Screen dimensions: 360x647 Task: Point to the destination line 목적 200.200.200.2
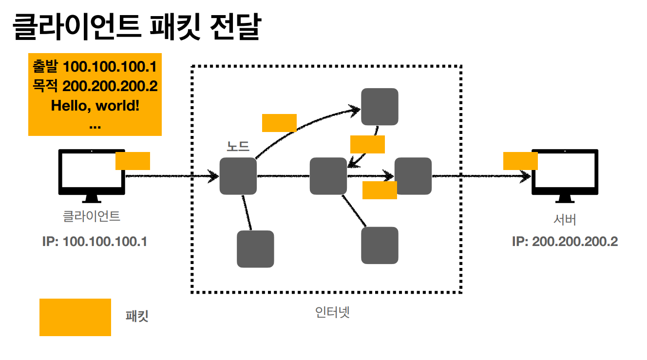coord(95,86)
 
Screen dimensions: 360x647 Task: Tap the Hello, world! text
coord(95,105)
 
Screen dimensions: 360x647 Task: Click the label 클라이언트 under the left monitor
coord(92,216)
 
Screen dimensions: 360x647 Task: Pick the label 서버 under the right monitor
coord(565,220)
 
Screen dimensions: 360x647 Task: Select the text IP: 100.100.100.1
coord(95,242)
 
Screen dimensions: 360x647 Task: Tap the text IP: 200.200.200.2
coord(565,242)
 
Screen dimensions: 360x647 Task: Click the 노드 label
coord(238,147)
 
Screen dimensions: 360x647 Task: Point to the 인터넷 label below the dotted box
coord(333,312)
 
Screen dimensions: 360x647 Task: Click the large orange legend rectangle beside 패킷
coord(75,317)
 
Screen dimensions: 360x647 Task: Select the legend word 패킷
coord(137,317)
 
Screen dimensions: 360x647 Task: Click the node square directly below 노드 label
coord(238,176)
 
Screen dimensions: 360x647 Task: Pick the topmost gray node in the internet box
coord(380,106)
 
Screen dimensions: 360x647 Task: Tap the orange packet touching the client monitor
coord(133,161)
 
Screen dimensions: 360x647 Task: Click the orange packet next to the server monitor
coord(520,161)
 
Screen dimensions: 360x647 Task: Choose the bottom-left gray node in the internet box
coord(255,249)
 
